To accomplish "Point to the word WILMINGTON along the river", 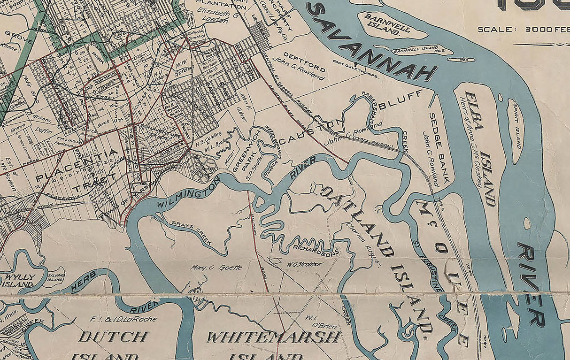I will tap(188, 193).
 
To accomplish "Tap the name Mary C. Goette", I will tap(216, 268).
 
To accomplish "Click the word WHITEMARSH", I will tap(273, 337).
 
